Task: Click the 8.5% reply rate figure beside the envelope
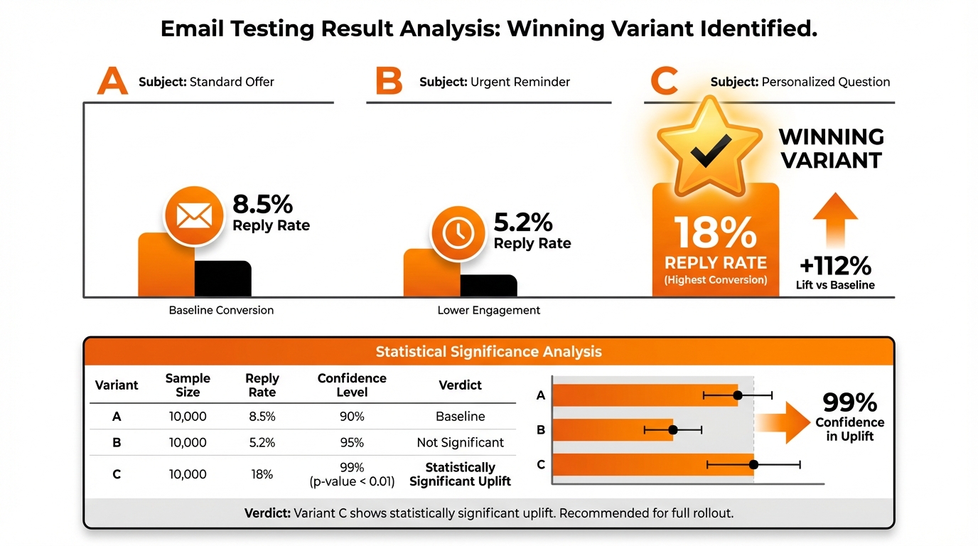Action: pos(263,205)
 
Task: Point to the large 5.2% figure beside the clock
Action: pos(523,223)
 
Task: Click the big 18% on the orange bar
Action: pos(715,232)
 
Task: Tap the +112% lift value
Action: pos(835,266)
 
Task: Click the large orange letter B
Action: pos(389,82)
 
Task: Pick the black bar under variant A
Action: pos(222,279)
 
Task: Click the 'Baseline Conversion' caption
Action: pos(221,310)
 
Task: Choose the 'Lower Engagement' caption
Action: pos(489,310)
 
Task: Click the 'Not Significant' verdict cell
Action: pos(461,442)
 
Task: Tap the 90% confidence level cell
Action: pos(352,416)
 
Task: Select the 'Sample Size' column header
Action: pos(188,385)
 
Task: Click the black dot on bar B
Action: pos(673,429)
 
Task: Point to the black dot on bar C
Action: pos(754,465)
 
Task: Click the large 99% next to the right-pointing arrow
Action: pos(849,403)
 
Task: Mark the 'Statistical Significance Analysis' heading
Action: pos(488,351)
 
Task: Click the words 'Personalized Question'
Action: pos(825,82)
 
